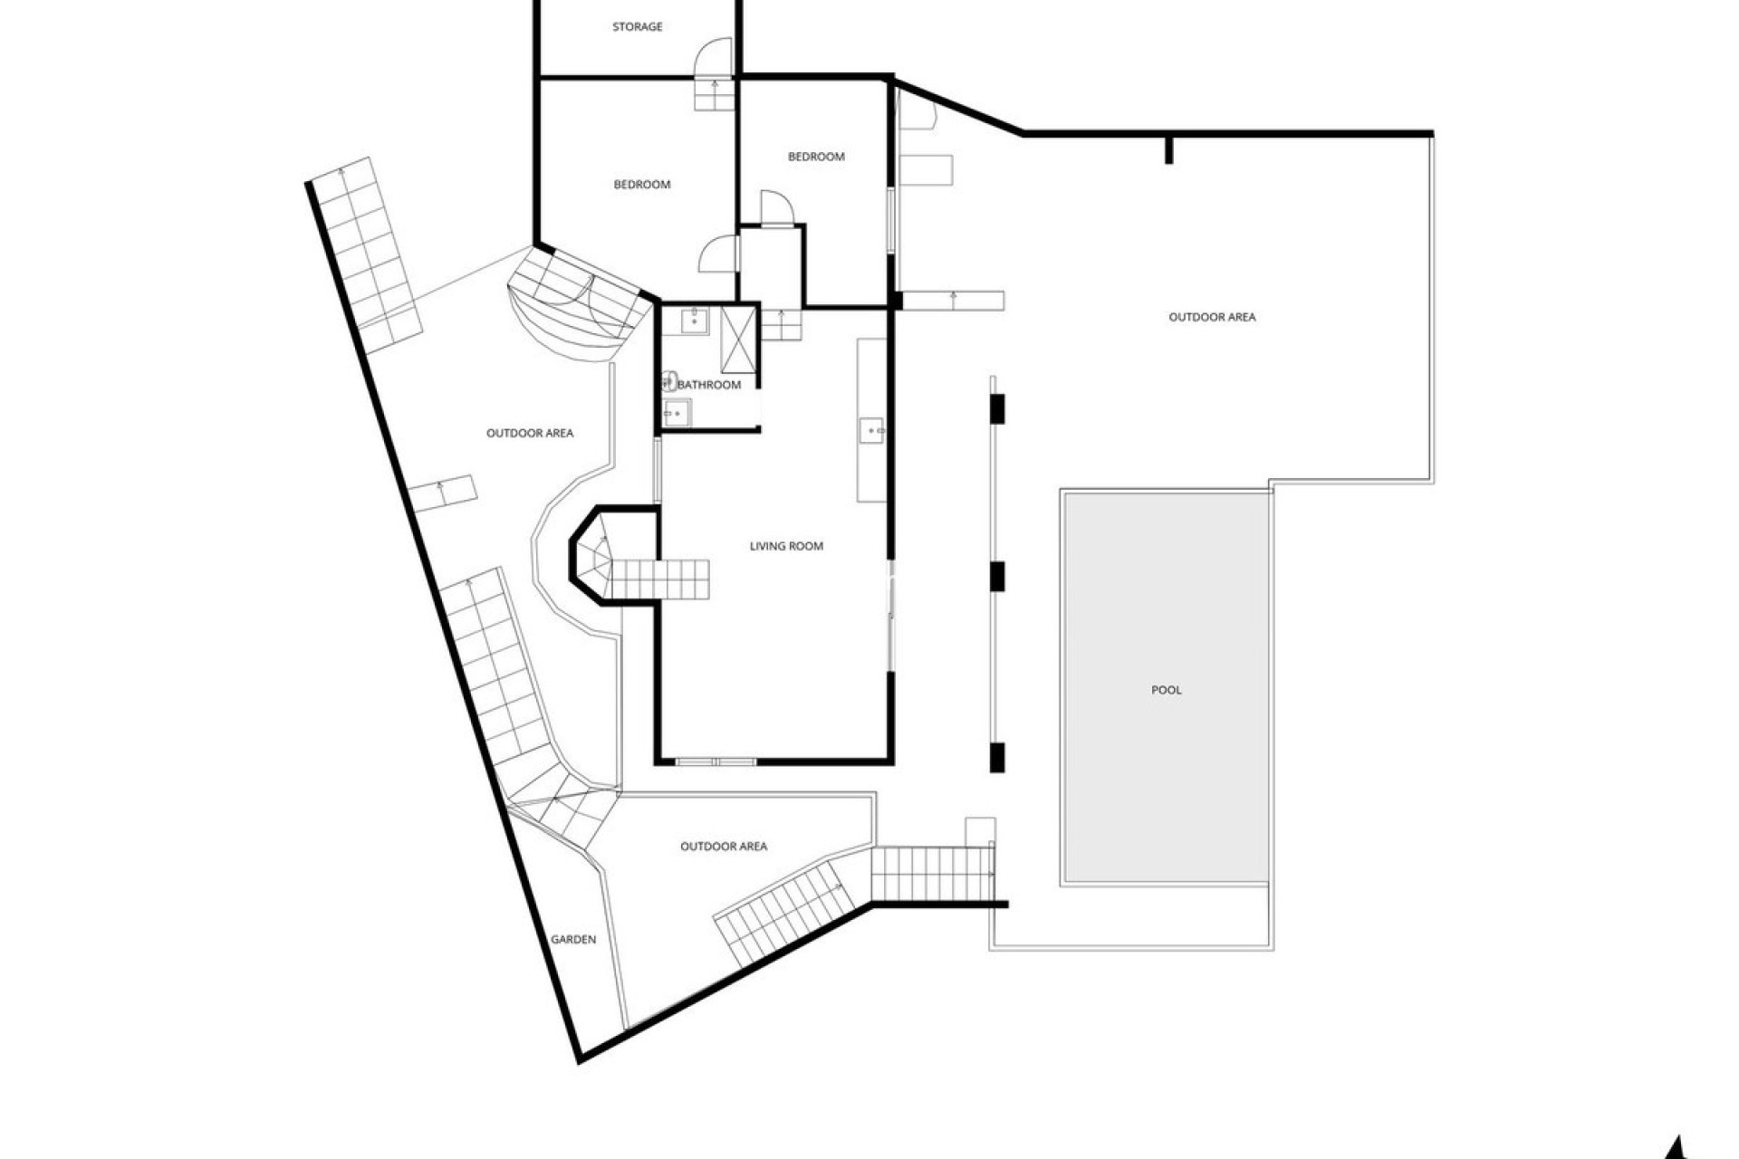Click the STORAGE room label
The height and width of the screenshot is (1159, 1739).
[x=637, y=27]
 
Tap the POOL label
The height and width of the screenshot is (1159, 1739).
[x=1166, y=690]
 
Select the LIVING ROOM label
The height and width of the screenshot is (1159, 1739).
[x=786, y=546]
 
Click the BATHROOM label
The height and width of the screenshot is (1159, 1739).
[x=709, y=385]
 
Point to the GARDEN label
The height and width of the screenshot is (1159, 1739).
[x=573, y=939]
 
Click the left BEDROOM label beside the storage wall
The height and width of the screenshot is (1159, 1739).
[x=642, y=185]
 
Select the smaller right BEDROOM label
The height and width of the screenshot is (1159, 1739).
[x=816, y=157]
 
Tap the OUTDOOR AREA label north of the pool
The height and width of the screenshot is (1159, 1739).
[x=1212, y=317]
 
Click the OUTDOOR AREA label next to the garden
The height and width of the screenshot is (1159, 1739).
[x=724, y=847]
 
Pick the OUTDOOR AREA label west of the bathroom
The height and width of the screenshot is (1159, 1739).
[x=530, y=433]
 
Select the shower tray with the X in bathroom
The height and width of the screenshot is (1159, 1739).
[x=738, y=340]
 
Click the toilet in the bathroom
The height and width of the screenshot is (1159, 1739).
[x=671, y=381]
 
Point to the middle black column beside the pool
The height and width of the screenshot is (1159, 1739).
[x=997, y=576]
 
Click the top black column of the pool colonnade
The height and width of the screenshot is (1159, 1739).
[x=997, y=408]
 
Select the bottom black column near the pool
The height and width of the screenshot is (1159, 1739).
[x=997, y=756]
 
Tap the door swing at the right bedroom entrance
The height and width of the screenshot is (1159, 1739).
[x=775, y=207]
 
